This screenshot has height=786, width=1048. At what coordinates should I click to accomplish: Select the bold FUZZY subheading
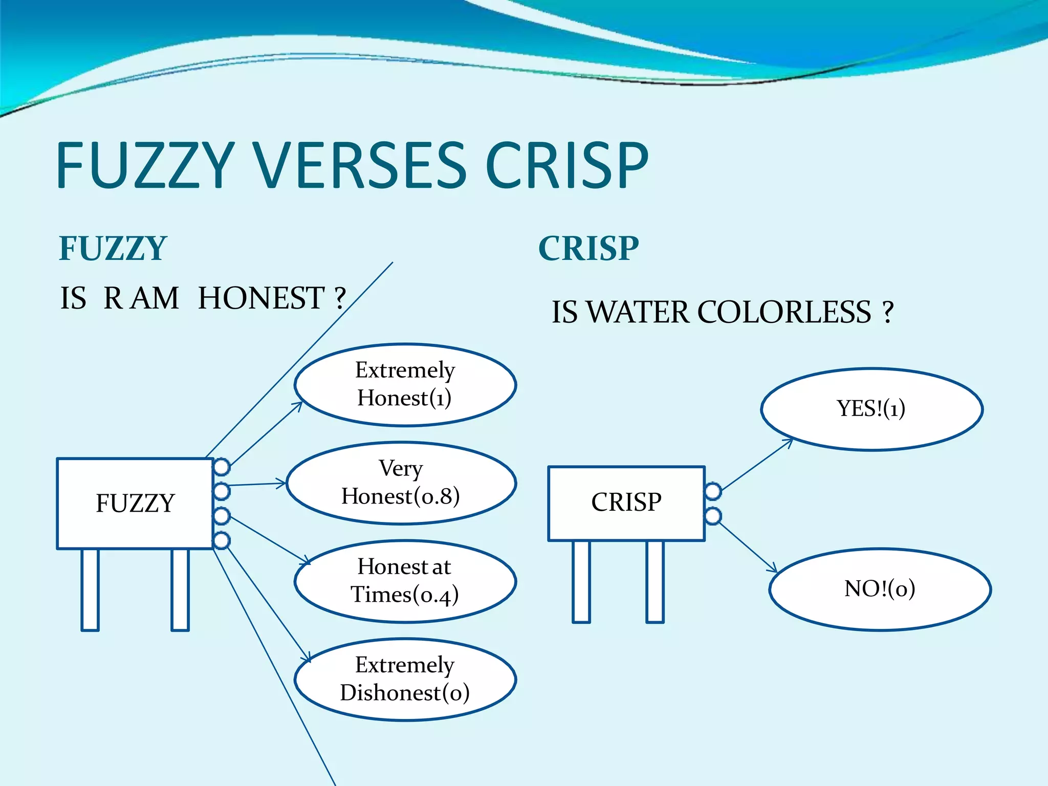[x=113, y=249]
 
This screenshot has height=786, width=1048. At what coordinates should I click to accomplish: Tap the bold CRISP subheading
[x=588, y=249]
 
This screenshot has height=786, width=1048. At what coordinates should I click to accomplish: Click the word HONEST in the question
[x=261, y=298]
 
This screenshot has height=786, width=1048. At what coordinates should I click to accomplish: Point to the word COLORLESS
[x=784, y=312]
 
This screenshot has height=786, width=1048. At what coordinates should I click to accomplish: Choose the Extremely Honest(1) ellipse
[x=405, y=384]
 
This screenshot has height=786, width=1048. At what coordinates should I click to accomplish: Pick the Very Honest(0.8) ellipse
[x=401, y=483]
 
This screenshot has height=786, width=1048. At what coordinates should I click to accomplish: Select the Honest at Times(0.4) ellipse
[x=405, y=581]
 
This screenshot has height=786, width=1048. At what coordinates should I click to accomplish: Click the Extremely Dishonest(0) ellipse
[x=405, y=679]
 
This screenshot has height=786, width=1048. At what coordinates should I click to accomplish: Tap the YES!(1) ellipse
[x=871, y=409]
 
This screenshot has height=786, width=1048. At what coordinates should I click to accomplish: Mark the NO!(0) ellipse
[x=880, y=589]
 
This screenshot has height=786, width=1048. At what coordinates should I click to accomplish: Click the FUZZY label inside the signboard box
[x=135, y=504]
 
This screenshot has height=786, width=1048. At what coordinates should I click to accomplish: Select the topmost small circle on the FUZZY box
[x=222, y=467]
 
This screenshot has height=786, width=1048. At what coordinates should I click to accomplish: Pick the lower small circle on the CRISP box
[x=713, y=516]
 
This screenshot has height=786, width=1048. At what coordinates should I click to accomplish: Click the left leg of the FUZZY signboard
[x=90, y=589]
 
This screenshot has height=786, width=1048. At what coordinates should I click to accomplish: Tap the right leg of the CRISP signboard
[x=655, y=581]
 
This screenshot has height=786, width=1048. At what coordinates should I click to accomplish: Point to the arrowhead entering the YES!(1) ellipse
[x=790, y=441]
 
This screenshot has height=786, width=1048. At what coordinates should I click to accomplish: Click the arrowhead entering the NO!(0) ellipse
[x=774, y=569]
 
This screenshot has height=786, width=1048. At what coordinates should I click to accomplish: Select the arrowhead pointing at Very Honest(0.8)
[x=281, y=483]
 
